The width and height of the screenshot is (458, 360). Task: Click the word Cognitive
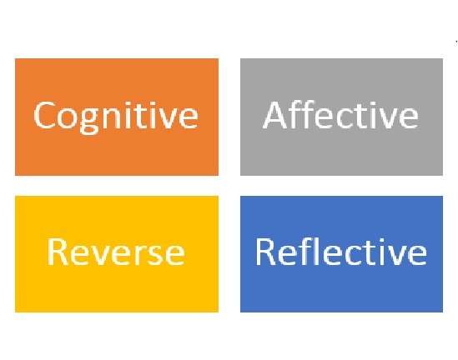coord(116,117)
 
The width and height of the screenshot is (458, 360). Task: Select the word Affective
coord(340,114)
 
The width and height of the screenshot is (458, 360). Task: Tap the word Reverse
coord(116,252)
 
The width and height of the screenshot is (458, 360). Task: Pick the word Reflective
coord(341,251)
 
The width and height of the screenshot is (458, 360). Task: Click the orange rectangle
coord(117,117)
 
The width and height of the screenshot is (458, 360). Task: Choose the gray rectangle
coord(341,117)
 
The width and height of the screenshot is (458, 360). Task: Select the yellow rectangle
coord(117,254)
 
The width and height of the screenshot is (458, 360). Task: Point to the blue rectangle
coord(341,254)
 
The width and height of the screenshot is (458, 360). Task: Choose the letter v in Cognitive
coord(168,117)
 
